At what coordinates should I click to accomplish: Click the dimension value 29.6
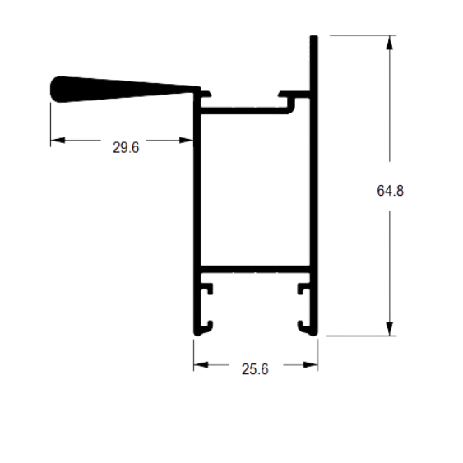coord(126,147)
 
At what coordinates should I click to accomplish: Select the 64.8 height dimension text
coord(390,191)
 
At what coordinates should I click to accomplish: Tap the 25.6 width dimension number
coord(255,369)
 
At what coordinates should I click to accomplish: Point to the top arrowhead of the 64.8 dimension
coord(390,43)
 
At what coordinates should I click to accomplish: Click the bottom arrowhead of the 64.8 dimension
coord(390,329)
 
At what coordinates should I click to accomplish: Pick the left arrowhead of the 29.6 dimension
coord(58,140)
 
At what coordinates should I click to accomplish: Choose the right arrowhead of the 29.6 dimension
coord(187,140)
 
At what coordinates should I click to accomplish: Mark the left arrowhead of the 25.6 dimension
coord(201,365)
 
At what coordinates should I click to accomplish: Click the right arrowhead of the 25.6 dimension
coord(311,365)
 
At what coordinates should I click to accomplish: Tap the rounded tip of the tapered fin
coord(53,89)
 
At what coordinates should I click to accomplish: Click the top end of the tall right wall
coord(314,36)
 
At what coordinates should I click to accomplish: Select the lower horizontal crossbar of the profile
coord(256,269)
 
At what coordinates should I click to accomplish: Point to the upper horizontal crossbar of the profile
coord(244,111)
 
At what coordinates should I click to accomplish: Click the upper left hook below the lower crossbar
coord(207,289)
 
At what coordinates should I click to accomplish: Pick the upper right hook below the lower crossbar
coord(303,289)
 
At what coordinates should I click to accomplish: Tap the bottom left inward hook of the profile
coord(208,326)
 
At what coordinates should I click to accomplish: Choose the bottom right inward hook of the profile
coord(303,326)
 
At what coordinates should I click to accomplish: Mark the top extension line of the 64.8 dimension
coord(363,35)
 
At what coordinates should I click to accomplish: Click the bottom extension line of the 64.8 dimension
coord(361,336)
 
